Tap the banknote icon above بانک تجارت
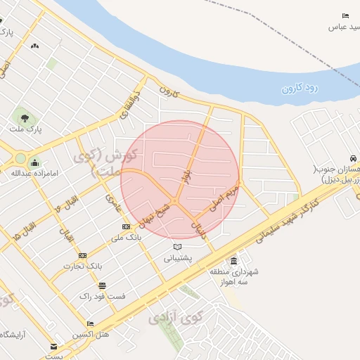pos(83,255)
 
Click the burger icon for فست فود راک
pos(103,285)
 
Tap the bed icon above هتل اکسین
pos(90,324)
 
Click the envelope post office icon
pos(54,347)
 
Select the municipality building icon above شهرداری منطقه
pos(233,261)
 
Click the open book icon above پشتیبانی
pos(177,247)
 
